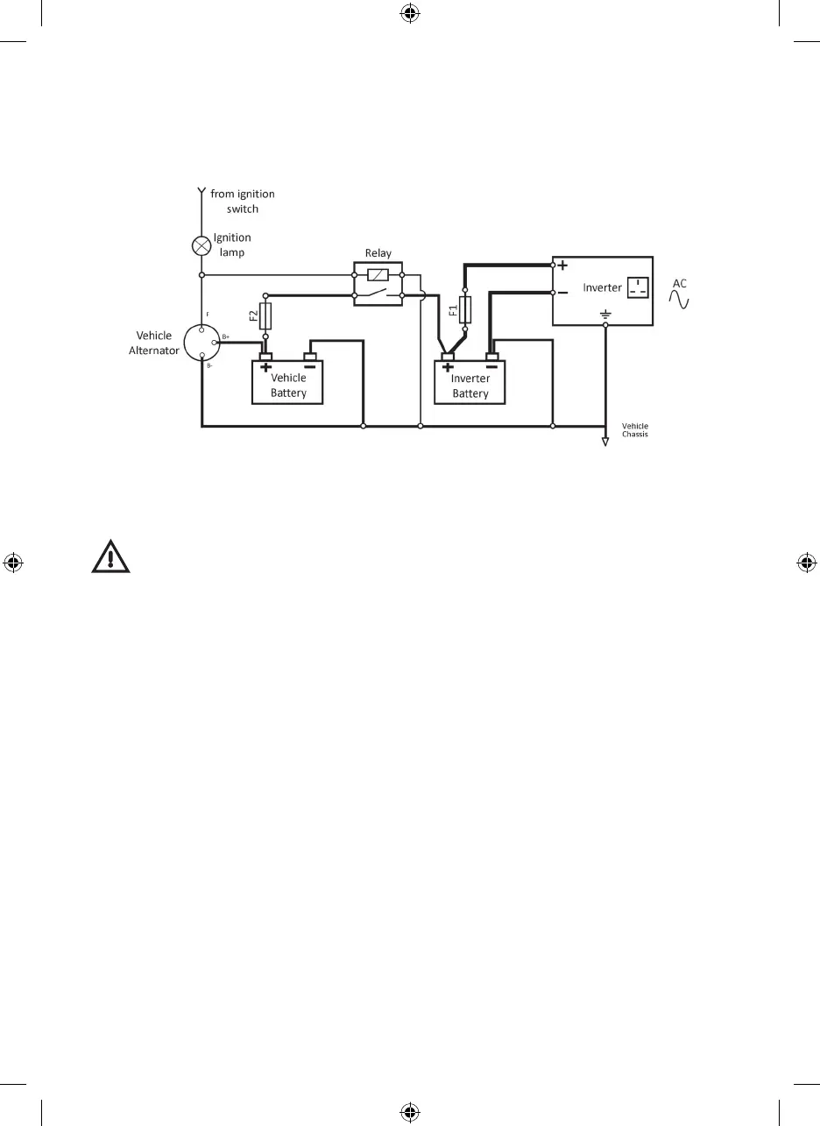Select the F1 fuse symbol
(465, 309)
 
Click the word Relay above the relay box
(378, 253)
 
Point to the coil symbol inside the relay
(378, 274)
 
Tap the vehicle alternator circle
(202, 343)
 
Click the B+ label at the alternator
(226, 336)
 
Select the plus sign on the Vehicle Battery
(265, 368)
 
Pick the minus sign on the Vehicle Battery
(309, 368)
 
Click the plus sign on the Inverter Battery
(448, 368)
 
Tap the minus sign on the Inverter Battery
(491, 368)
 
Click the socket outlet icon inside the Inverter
(640, 287)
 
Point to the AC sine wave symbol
(679, 300)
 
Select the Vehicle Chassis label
(635, 430)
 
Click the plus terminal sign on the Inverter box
(562, 266)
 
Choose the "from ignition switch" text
(242, 202)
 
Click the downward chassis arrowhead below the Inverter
(604, 442)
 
